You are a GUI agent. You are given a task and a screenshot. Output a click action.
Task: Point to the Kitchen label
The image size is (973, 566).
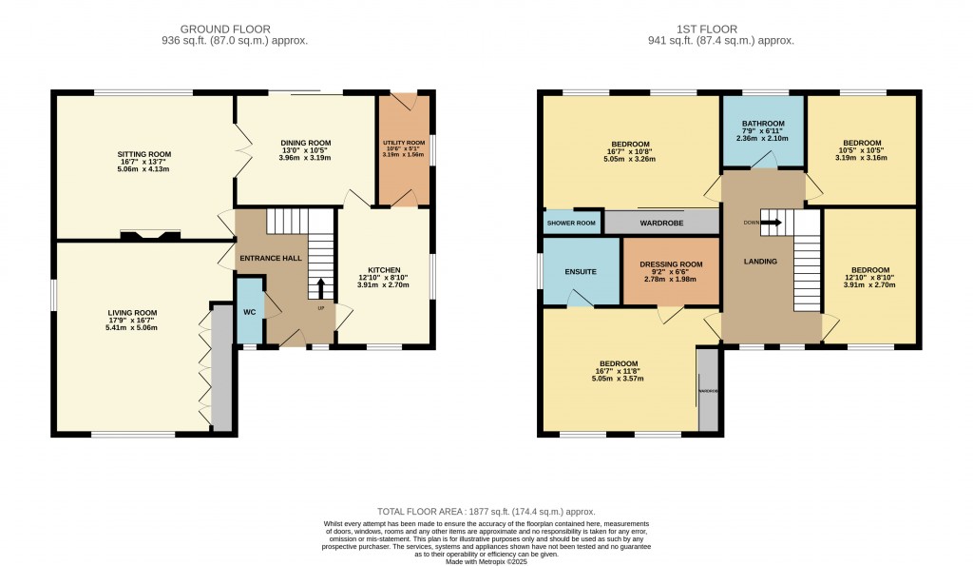coord(384,269)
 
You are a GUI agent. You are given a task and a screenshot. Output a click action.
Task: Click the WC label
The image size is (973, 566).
coord(249,312)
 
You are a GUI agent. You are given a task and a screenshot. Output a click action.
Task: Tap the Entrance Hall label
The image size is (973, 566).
coord(265,259)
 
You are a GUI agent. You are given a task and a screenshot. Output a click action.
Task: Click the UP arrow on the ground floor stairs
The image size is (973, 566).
coord(320,285)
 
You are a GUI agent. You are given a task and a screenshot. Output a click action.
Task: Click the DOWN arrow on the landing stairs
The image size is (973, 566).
coord(771,223)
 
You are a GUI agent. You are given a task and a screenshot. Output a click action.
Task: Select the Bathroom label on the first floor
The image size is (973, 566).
coord(764,124)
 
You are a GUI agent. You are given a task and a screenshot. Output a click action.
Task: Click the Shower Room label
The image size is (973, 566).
coord(572,224)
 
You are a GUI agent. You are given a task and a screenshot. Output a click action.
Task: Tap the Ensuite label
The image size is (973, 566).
coord(580,271)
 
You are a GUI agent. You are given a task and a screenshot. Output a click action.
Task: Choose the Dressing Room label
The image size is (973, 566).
coord(671,264)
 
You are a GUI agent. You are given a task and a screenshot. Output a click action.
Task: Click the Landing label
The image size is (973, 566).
coord(760,261)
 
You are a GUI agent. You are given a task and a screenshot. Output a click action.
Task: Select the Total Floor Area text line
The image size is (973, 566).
coord(486,512)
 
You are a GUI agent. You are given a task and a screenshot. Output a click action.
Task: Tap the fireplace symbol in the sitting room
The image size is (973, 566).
coord(150,234)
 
